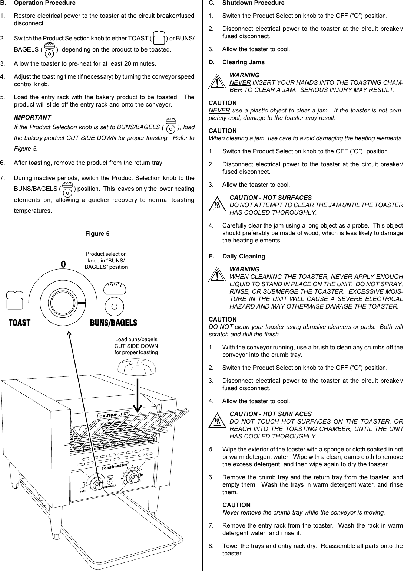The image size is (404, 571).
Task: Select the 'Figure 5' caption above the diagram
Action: pos(97,234)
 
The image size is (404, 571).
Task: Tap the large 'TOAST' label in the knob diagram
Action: pos(20,323)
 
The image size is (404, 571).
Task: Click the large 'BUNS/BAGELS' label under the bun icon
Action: pos(113,323)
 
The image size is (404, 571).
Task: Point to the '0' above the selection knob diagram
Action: pos(63,264)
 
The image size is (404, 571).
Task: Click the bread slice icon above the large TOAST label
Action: pos(15,300)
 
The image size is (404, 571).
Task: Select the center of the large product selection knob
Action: pos(63,303)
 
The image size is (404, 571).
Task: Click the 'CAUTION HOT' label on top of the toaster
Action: pos(114,414)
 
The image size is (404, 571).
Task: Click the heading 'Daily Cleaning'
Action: pos(244,256)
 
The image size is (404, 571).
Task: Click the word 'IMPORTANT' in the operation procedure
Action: pos(32,117)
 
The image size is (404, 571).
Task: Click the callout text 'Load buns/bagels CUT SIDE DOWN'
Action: pos(136,346)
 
